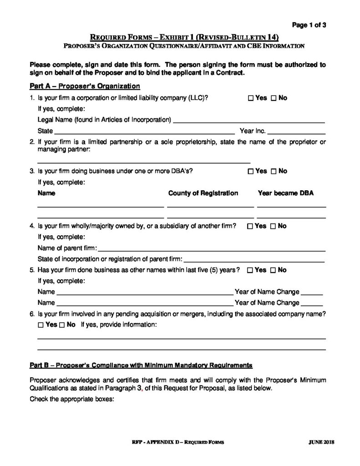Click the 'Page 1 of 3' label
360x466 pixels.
click(x=309, y=25)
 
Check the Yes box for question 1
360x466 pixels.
click(x=251, y=98)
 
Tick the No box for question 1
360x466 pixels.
click(x=274, y=98)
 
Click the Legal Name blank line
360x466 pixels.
click(x=249, y=121)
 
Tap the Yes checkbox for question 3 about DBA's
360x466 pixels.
click(x=251, y=172)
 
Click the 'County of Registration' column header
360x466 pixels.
click(x=203, y=193)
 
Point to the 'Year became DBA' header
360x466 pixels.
click(x=285, y=193)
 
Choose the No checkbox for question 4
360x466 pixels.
click(x=273, y=226)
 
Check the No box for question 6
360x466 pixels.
click(x=62, y=325)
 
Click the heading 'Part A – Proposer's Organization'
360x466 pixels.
click(x=85, y=86)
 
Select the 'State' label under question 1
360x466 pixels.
click(x=46, y=132)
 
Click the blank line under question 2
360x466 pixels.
click(x=143, y=161)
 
